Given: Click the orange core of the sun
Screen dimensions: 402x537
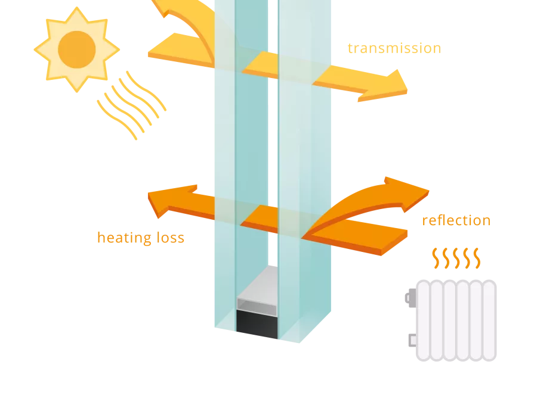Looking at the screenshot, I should pos(76,49).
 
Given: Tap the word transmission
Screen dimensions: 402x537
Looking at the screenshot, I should pos(394,48).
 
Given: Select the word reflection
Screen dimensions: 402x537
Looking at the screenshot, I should pos(456,221).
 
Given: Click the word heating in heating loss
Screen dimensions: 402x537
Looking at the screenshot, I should pos(124,238).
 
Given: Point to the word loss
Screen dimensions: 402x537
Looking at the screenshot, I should pos(171,238).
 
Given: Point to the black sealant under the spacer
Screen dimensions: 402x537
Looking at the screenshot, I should pos(257,325).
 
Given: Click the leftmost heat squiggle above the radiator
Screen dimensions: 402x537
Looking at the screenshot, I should pos(436,257).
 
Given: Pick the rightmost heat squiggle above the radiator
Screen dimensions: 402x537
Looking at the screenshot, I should pos(476,257).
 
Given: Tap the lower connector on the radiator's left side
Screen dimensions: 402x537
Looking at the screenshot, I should pos(411,340).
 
